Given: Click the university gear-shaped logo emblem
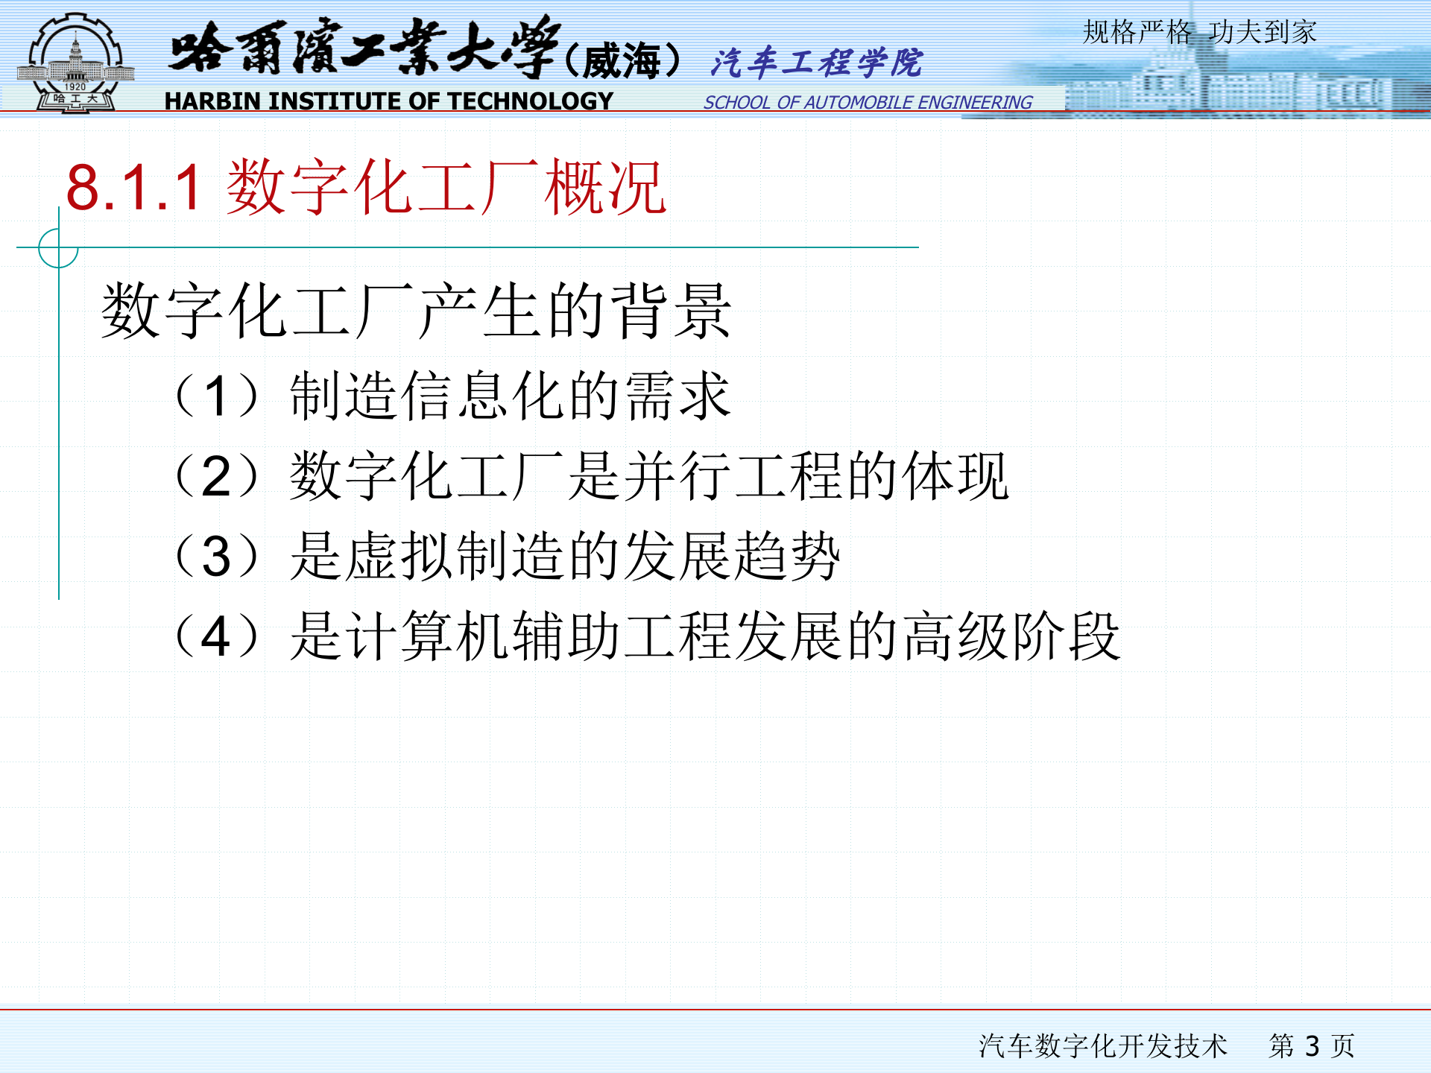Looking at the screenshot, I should point(75,64).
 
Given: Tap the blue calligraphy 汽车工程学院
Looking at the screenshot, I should point(816,63).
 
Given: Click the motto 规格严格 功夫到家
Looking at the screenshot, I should point(1199,32).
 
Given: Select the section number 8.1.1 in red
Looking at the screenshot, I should point(134,188).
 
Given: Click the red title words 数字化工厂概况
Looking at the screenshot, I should point(446,188).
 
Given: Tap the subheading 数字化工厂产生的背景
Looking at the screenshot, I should point(416,311).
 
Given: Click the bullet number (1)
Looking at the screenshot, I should point(216,396).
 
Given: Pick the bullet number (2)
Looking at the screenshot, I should point(216,476).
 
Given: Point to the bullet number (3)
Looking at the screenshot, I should point(216,556).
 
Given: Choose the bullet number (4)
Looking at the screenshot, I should point(216,636).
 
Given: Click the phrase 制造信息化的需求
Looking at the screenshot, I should point(510,396).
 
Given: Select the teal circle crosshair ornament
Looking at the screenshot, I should point(58,247).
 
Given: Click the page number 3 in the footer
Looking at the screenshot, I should point(1312,1045).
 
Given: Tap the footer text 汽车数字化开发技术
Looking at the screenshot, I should point(1102,1045).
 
